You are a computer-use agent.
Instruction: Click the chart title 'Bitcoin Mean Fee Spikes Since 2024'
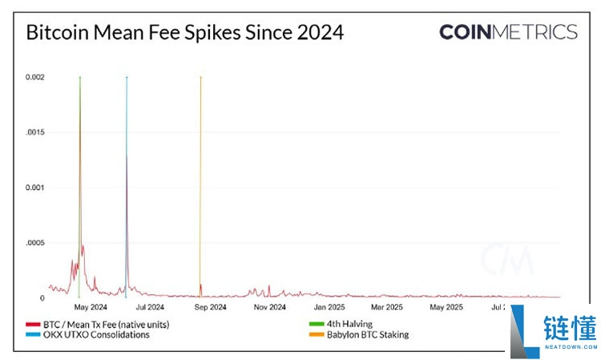(185, 33)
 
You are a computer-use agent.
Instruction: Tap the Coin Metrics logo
(508, 32)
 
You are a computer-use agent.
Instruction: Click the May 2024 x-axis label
(91, 306)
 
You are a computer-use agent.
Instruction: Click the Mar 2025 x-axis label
(387, 306)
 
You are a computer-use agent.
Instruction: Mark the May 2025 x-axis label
(446, 306)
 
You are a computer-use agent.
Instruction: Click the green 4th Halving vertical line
(79, 160)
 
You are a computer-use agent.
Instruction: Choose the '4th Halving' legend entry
(341, 324)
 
